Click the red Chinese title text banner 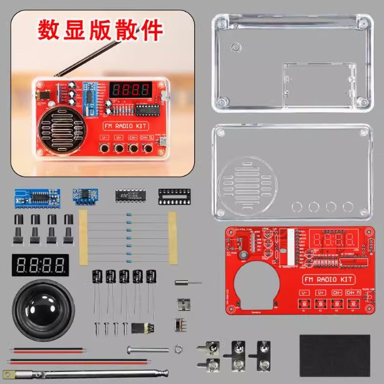(x=100, y=29)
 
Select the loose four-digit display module (x=39, y=263)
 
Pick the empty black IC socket (x=174, y=195)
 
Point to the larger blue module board (x=36, y=197)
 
